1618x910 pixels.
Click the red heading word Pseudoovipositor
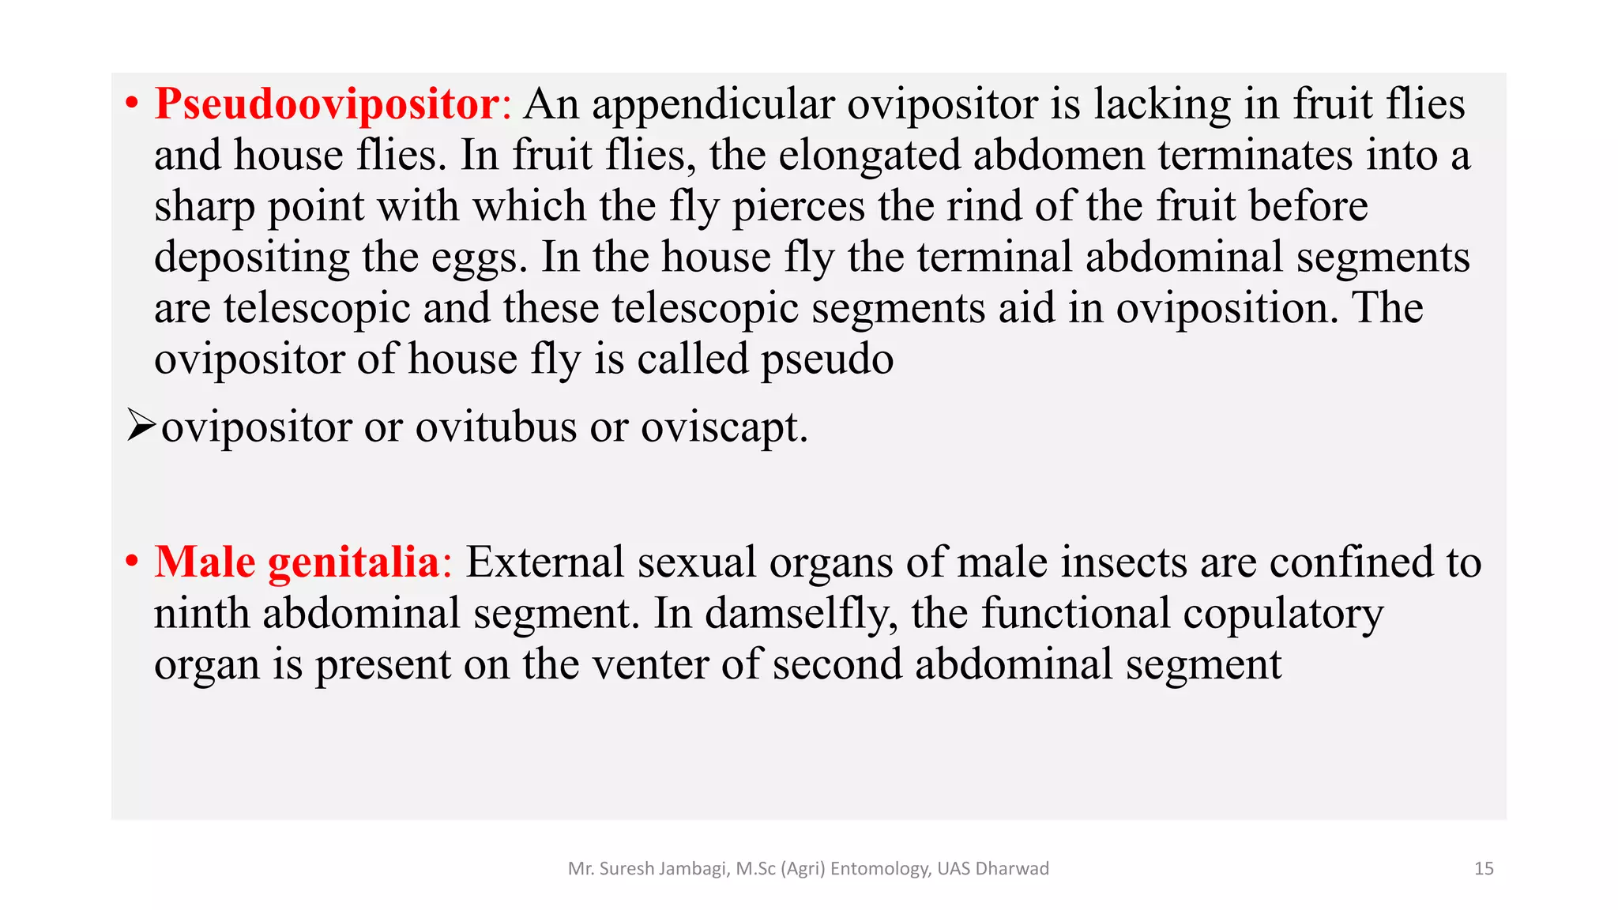[x=328, y=104]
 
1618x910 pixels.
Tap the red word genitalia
[x=353, y=562]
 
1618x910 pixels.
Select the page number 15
[x=1484, y=869]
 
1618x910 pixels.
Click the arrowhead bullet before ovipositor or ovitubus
[x=141, y=427]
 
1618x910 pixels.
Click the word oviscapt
[x=724, y=427]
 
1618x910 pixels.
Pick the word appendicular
[x=713, y=104]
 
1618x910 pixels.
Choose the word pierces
[x=799, y=206]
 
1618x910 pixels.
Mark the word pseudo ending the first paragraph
[x=826, y=359]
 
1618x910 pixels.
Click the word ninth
[x=201, y=614]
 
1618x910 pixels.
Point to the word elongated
[x=869, y=155]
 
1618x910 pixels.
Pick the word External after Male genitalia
[x=544, y=562]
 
